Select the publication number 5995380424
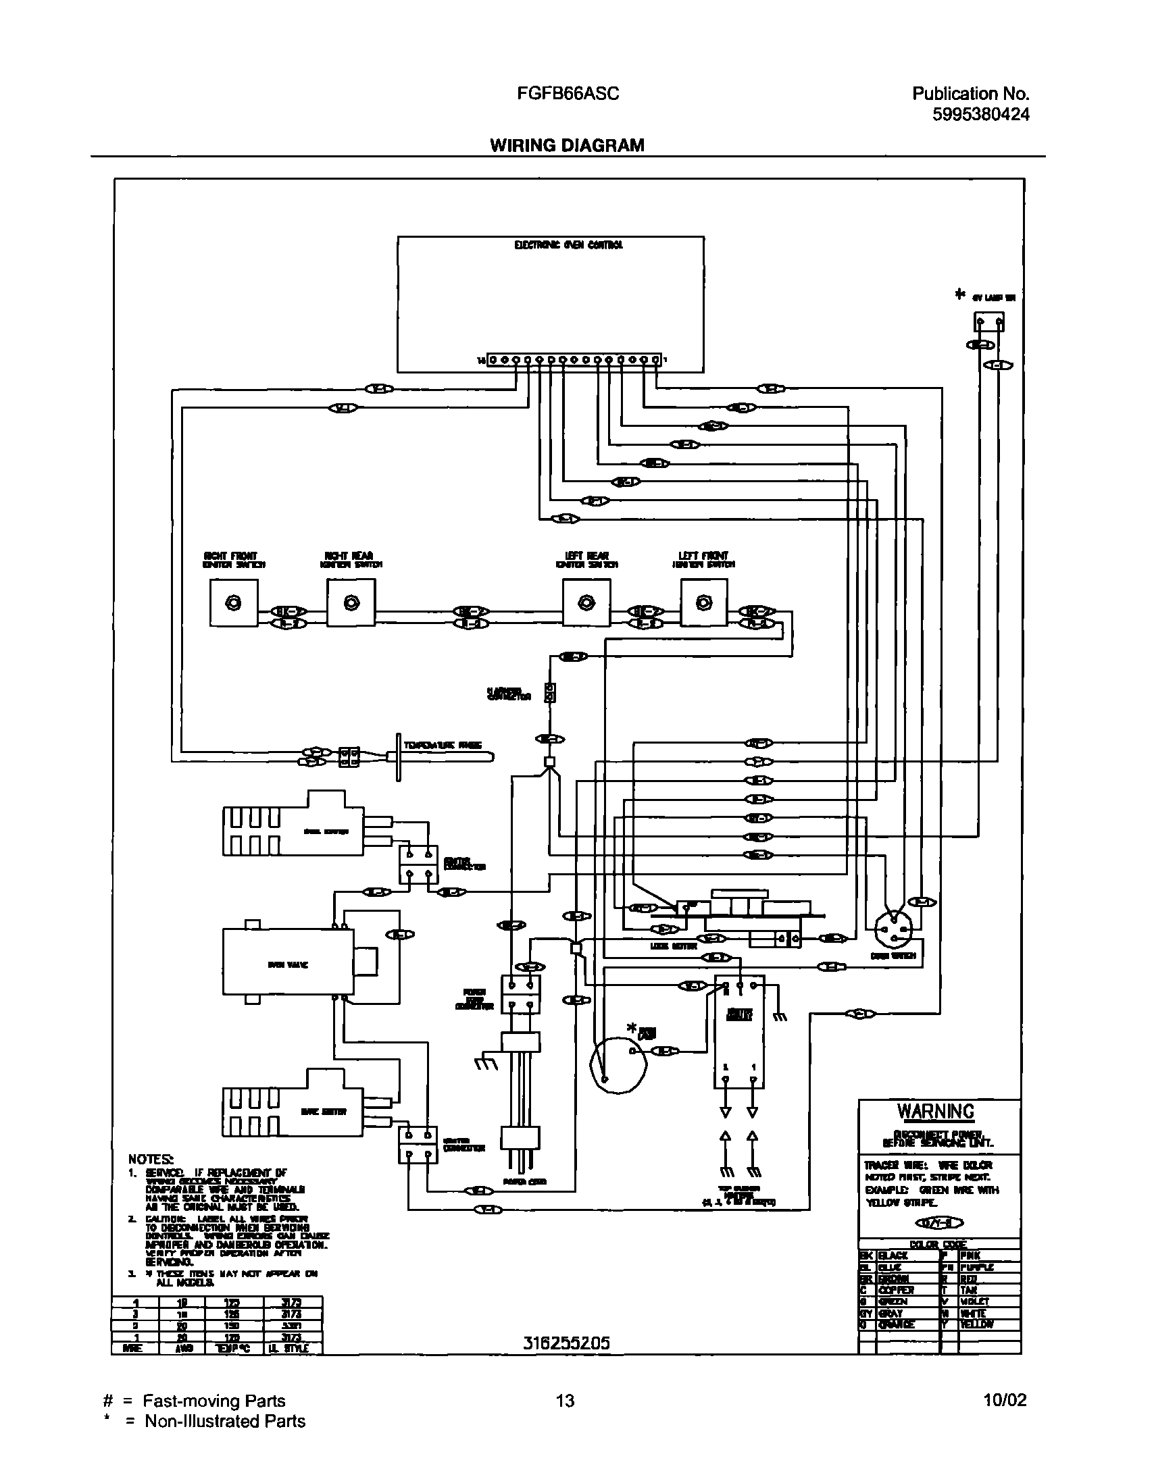pos(980,114)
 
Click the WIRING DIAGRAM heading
pos(567,145)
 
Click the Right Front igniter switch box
pos(233,604)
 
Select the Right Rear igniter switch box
pos(351,604)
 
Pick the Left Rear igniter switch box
pos(586,604)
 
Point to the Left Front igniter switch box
pos(703,604)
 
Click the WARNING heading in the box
pos(936,1111)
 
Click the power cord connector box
pos(520,995)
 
